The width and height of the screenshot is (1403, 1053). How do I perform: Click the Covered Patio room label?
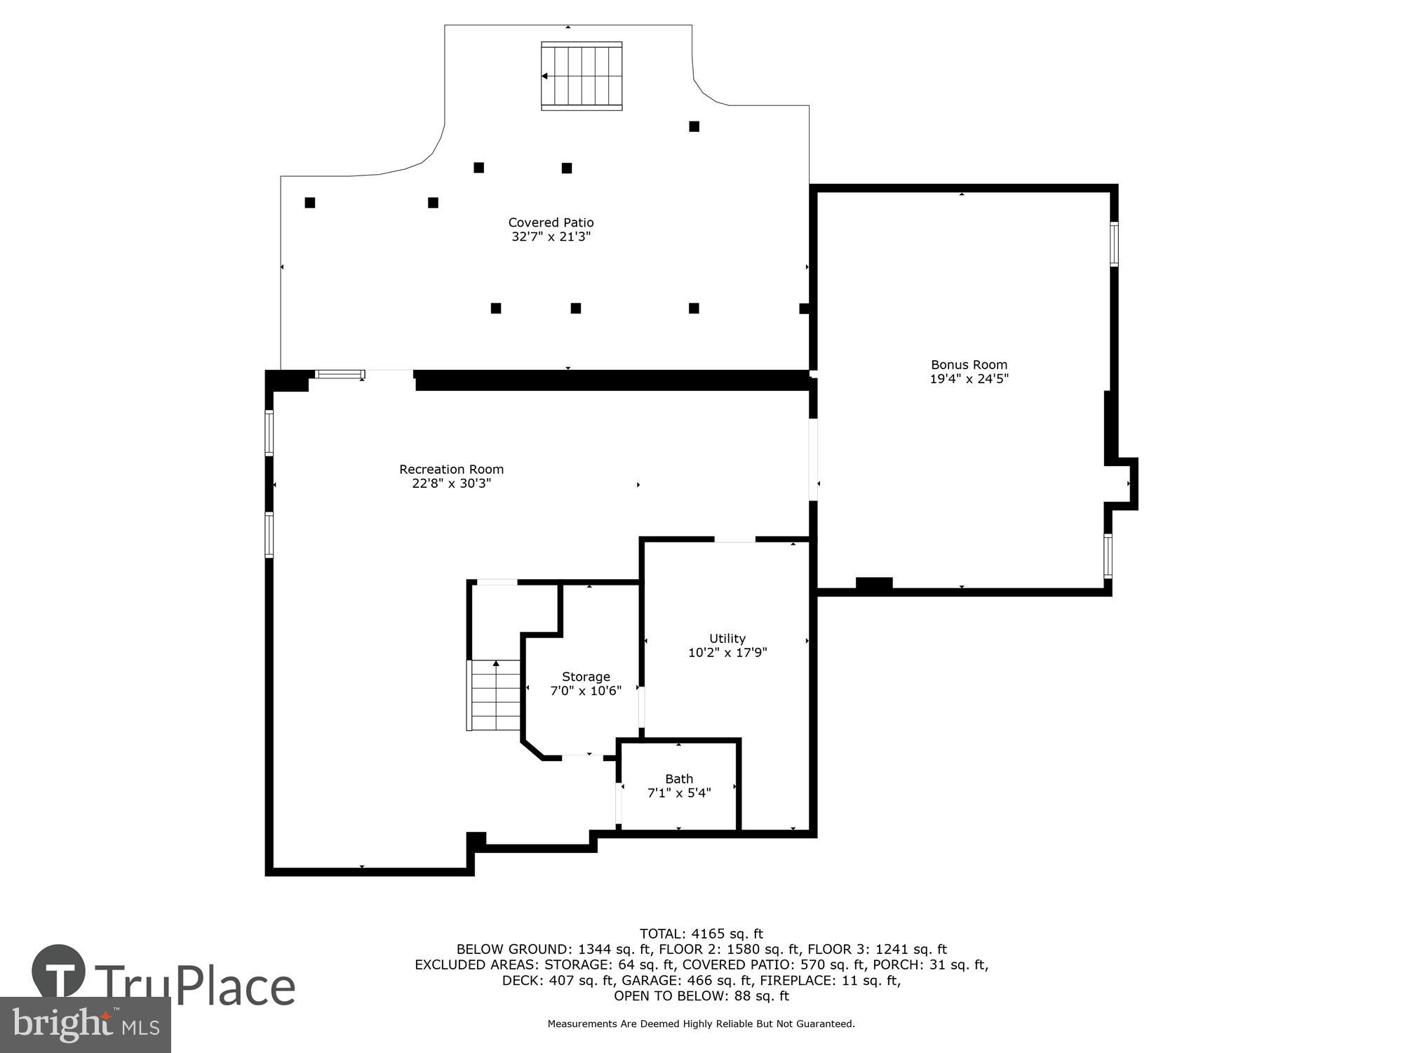(551, 223)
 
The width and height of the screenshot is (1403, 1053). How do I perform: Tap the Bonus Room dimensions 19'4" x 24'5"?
(969, 379)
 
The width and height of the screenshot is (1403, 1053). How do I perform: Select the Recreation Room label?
(451, 469)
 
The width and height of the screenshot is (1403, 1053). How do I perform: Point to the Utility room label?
(727, 638)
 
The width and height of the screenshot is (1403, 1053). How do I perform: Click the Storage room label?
(586, 677)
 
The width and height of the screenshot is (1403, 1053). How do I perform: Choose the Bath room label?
(678, 779)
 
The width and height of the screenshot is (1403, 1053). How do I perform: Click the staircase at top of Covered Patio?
(582, 76)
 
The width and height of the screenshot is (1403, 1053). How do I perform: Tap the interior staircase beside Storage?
(495, 695)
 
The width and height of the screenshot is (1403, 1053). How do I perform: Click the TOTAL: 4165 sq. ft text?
(701, 934)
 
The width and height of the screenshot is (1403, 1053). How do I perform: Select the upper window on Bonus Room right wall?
(1113, 244)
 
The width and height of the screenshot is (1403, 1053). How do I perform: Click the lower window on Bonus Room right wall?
(1108, 556)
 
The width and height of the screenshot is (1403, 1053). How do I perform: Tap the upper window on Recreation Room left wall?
(269, 432)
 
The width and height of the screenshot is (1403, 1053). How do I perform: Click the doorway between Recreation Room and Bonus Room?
(813, 460)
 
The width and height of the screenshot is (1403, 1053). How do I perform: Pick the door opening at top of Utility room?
(734, 539)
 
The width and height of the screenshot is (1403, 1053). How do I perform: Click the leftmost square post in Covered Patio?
(310, 203)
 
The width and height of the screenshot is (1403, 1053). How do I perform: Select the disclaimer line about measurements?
(701, 1024)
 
